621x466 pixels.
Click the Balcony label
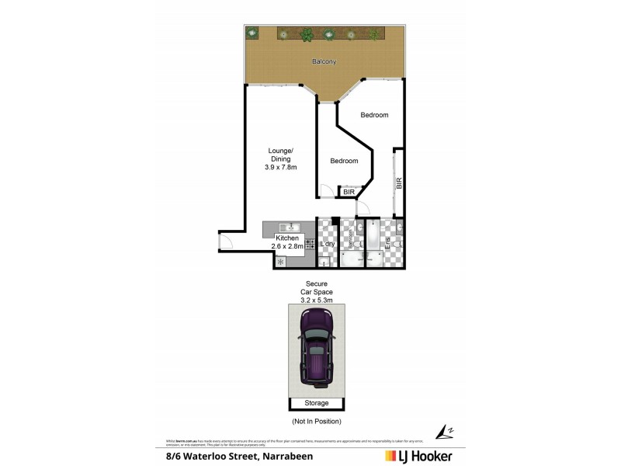pos(324,61)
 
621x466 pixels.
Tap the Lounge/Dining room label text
pos(279,159)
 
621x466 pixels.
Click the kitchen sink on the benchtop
pos(283,227)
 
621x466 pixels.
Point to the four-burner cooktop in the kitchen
pos(309,243)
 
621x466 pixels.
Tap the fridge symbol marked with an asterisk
pos(280,262)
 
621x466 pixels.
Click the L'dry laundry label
pos(327,244)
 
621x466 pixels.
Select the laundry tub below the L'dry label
pos(327,259)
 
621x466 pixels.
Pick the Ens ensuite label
pos(387,242)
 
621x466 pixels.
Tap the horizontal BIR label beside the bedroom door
pos(349,191)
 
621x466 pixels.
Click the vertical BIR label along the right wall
pos(399,183)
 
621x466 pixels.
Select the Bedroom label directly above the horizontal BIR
pos(344,161)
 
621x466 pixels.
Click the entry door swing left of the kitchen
pos(225,242)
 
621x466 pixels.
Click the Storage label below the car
pos(317,403)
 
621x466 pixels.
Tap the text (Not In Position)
pos(316,421)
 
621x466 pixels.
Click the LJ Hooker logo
pos(418,456)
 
